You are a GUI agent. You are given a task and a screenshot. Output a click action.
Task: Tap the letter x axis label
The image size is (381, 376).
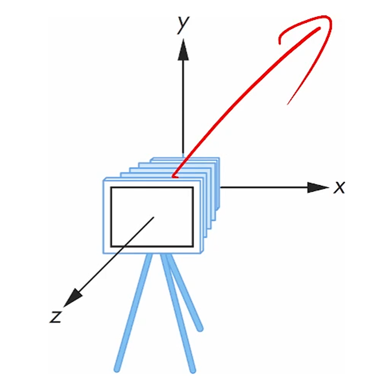(340, 187)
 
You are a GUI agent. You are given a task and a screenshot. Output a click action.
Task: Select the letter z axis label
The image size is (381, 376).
(55, 316)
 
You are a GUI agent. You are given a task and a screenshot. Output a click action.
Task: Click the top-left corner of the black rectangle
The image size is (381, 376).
(111, 188)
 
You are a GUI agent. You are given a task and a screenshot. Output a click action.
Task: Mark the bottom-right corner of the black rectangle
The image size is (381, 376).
(194, 246)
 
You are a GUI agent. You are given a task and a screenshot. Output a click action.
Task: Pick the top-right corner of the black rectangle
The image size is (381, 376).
(194, 188)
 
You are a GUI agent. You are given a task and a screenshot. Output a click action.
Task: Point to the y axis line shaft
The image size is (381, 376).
(183, 103)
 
